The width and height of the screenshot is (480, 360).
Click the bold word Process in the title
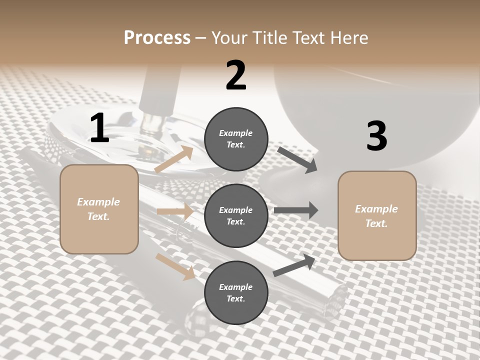(157, 37)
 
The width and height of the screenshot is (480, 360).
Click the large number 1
(99, 128)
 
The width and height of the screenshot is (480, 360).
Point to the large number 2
(236, 75)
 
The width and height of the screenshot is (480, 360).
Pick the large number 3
(376, 136)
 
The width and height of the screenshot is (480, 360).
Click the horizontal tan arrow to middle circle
(175, 211)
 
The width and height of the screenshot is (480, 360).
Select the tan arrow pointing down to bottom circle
(175, 266)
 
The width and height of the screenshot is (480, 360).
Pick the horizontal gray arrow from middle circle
(296, 210)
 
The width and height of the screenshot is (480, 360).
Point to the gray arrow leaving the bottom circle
(294, 265)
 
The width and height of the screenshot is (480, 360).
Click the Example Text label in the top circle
(236, 139)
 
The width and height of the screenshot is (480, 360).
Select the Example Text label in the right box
(376, 216)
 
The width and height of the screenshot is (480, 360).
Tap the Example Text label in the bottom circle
(236, 293)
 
